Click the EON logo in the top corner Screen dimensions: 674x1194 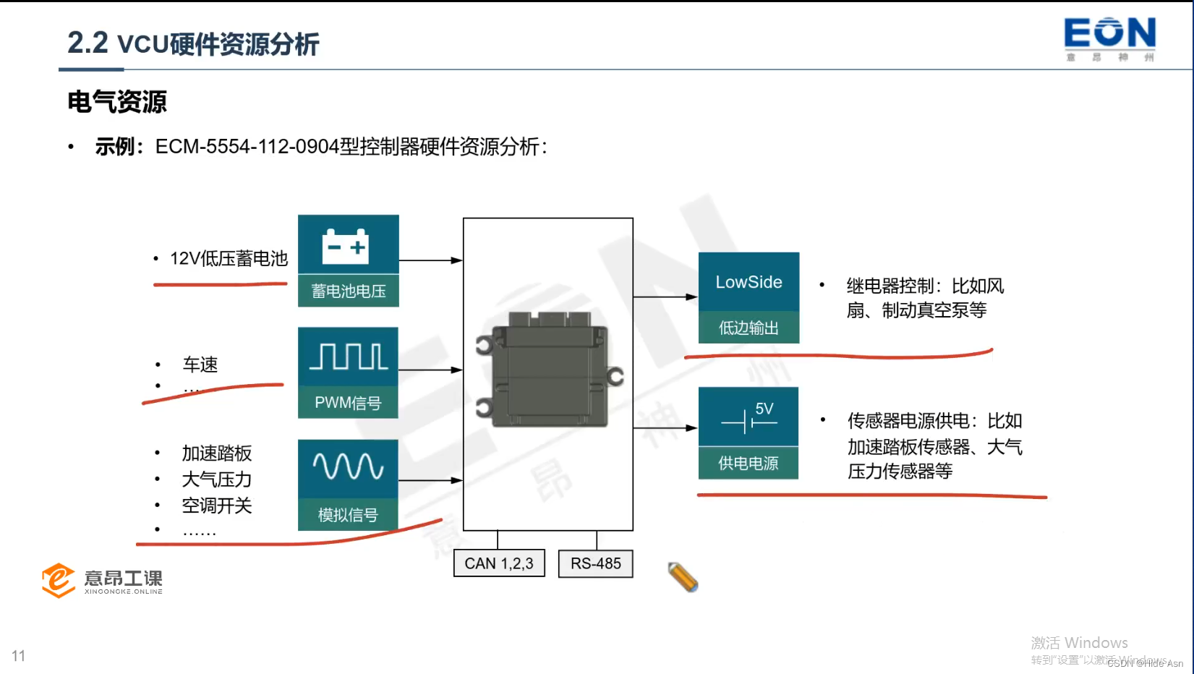[x=1109, y=38]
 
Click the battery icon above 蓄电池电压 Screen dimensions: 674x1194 [x=346, y=246]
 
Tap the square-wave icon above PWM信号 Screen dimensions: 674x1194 [x=349, y=357]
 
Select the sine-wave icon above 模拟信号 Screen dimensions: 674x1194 [x=348, y=467]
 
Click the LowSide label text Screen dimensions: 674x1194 [x=749, y=282]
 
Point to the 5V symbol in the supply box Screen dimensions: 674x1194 [x=750, y=417]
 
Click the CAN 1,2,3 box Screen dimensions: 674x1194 [x=499, y=563]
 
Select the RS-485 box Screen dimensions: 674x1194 [x=595, y=563]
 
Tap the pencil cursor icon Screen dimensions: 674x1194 [x=683, y=577]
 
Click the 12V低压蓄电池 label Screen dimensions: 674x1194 [x=229, y=258]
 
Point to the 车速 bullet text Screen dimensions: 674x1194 [x=200, y=364]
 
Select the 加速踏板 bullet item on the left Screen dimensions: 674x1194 [x=217, y=453]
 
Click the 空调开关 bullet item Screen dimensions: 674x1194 [x=217, y=505]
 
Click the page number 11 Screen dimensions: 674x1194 [x=19, y=656]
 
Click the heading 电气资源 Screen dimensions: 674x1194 [x=117, y=102]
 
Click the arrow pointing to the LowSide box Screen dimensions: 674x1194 [x=665, y=297]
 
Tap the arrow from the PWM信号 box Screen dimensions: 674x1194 [x=430, y=370]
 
